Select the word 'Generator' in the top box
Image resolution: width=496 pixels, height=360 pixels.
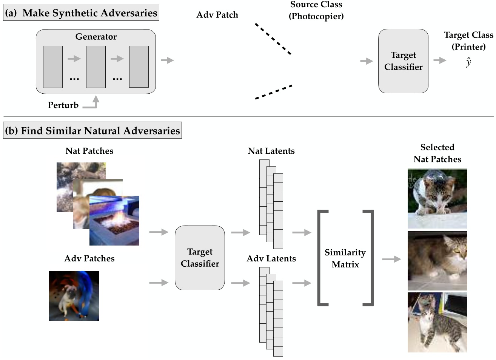coord(96,37)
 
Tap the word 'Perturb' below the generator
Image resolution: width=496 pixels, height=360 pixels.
coord(63,105)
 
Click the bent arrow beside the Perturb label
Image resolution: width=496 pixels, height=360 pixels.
coord(92,103)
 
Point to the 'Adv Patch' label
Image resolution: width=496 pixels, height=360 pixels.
coord(217,15)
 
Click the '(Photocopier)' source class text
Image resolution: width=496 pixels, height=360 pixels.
coord(316,17)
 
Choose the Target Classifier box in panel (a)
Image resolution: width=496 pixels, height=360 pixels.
coord(403,61)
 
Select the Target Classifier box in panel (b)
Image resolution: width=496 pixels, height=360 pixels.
coord(200,258)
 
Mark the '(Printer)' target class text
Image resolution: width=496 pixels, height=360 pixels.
coord(468,47)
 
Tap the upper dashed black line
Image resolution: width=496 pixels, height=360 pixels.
coord(273,39)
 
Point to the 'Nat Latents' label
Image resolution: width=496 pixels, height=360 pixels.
coord(271,151)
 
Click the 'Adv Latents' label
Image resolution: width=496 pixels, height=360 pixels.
coord(271,259)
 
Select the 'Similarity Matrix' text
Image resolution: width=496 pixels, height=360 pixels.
coord(345,258)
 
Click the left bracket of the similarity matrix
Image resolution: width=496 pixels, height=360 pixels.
coord(321,258)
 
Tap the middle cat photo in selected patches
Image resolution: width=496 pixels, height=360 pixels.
coord(437,261)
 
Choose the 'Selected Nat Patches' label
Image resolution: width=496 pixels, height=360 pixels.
coord(437,153)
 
